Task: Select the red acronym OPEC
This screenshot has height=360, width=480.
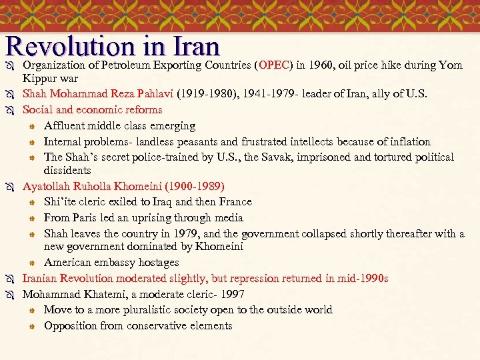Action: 275,65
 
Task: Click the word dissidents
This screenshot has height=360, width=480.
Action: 67,171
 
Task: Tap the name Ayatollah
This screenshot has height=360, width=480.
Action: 47,186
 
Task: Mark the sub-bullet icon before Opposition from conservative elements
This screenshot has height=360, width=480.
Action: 31,326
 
